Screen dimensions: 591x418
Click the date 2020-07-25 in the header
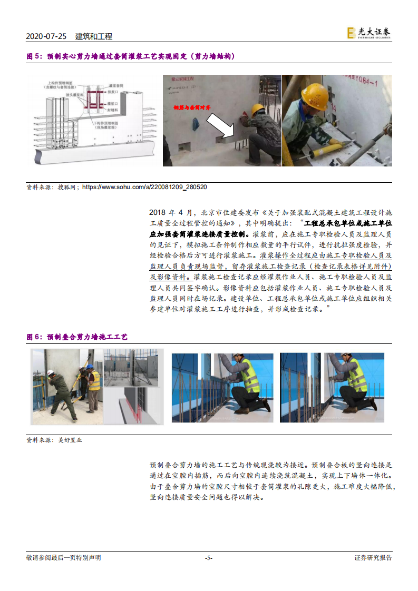pos(46,36)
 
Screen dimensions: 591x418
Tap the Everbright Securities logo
pos(369,33)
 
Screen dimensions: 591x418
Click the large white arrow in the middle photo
pos(221,126)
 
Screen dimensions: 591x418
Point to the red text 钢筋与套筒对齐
pos(192,107)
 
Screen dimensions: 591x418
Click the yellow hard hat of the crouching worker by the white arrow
pos(257,109)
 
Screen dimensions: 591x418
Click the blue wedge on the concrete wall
pos(197,124)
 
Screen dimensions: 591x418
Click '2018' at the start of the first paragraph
pos(158,212)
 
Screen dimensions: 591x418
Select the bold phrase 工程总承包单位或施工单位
pos(348,223)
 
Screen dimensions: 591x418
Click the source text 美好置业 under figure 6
pos(70,440)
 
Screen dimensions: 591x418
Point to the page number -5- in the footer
pos(209,558)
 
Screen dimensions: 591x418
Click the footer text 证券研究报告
pos(373,558)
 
